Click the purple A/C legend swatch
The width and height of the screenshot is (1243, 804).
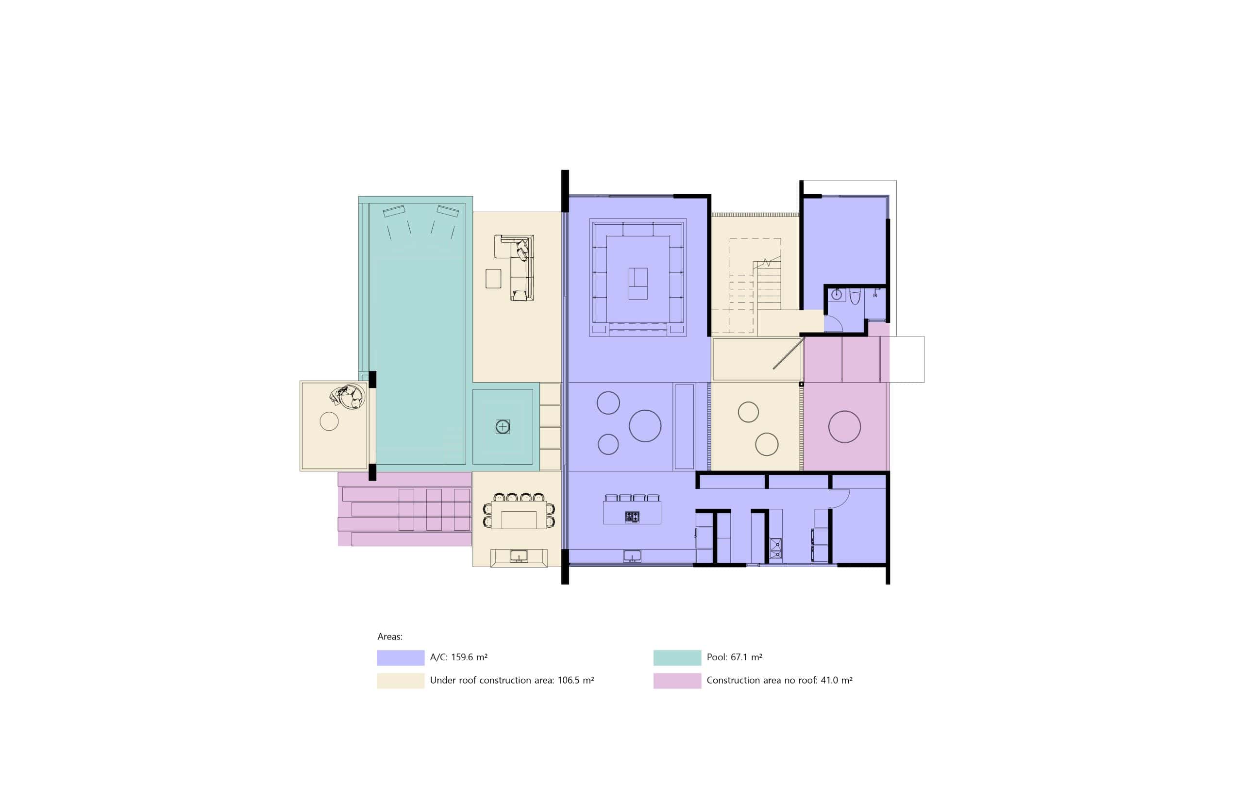(401, 657)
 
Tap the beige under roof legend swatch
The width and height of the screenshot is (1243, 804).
(401, 680)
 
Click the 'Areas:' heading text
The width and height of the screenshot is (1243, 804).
(390, 636)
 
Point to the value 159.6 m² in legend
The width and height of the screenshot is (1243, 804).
(470, 657)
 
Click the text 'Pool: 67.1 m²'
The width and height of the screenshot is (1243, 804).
(734, 657)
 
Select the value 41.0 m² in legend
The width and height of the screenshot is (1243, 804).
(836, 680)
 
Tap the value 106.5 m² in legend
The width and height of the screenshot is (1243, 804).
(576, 680)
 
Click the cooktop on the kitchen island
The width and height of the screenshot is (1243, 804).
(632, 517)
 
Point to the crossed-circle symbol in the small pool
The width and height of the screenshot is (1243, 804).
(503, 427)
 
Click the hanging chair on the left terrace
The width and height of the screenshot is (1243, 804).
(348, 397)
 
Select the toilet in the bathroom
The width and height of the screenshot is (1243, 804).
(855, 296)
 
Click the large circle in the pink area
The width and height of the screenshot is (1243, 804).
(844, 427)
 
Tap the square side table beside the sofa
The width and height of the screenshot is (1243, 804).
(493, 279)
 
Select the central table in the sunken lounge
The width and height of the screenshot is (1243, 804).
(638, 284)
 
